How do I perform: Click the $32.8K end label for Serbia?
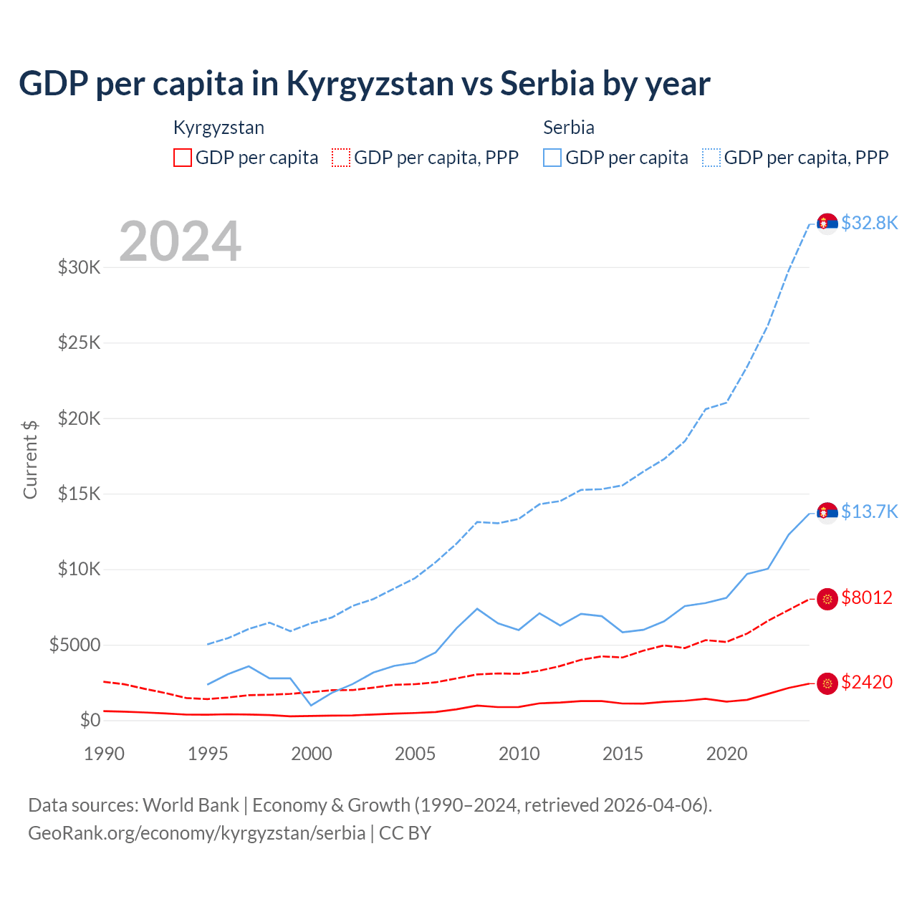pos(869,223)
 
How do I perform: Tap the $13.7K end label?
pos(869,512)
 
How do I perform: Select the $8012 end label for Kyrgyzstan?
pos(867,597)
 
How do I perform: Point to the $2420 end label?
pos(867,682)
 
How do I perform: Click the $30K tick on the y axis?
pos(79,268)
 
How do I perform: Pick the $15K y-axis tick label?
pos(79,494)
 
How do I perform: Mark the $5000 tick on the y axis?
pos(75,645)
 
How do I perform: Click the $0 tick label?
pos(90,720)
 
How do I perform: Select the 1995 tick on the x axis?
pos(208,754)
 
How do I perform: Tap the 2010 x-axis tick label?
pos(519,754)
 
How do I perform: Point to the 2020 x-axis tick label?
pos(726,754)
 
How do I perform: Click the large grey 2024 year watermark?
pos(180,241)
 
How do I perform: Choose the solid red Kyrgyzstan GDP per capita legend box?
pos(183,158)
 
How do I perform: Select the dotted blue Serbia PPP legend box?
pos(711,158)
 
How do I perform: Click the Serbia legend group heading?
pos(569,128)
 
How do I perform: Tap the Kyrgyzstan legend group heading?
pos(219,128)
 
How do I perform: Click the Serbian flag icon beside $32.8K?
pos(827,224)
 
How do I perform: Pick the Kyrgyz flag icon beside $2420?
pos(827,683)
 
